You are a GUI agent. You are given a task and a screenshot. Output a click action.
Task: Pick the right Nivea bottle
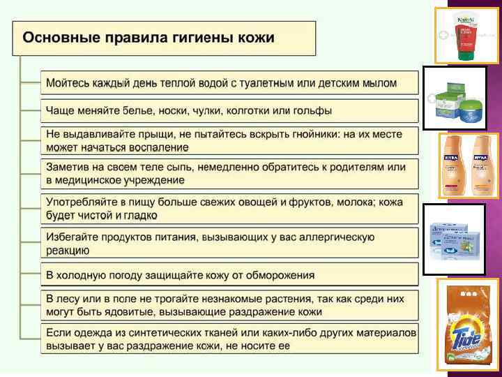click(x=482, y=165)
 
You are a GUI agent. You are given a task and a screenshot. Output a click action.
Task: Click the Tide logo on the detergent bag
click(x=466, y=342)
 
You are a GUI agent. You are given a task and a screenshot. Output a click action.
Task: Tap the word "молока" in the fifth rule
click(x=353, y=202)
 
